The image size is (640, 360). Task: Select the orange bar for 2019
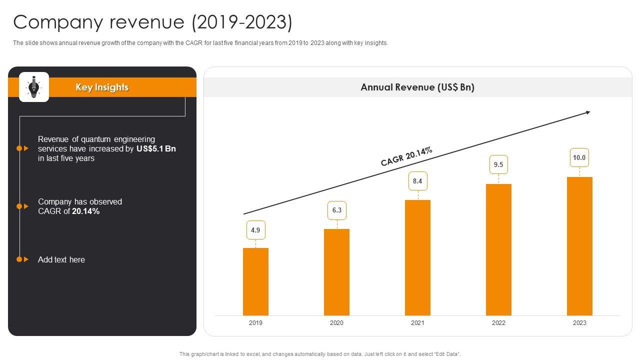coord(255,281)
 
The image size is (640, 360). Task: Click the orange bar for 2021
coord(417,257)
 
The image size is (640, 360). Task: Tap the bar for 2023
coord(579,246)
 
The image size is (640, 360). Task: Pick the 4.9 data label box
coord(255,230)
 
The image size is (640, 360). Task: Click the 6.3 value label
coord(336,210)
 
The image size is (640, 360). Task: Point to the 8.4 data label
coord(417,181)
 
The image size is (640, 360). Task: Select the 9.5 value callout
coord(498,164)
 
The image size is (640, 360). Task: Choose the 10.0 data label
coord(579,157)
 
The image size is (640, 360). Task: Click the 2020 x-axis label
coord(336,323)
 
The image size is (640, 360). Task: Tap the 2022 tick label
coord(498,323)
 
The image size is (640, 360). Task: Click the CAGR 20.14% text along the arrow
coord(406,156)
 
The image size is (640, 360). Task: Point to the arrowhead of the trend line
coord(588,112)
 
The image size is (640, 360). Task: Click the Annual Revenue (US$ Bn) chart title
coord(417,87)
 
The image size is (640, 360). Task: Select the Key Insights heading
coord(102,87)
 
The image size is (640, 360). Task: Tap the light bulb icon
coord(34,87)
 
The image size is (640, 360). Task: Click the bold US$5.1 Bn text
coord(156,148)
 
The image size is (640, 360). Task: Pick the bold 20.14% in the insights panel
coord(86,211)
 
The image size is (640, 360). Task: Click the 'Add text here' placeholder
coord(61,259)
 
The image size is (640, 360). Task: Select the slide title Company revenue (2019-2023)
coord(152,22)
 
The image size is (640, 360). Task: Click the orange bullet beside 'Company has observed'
coord(19,206)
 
